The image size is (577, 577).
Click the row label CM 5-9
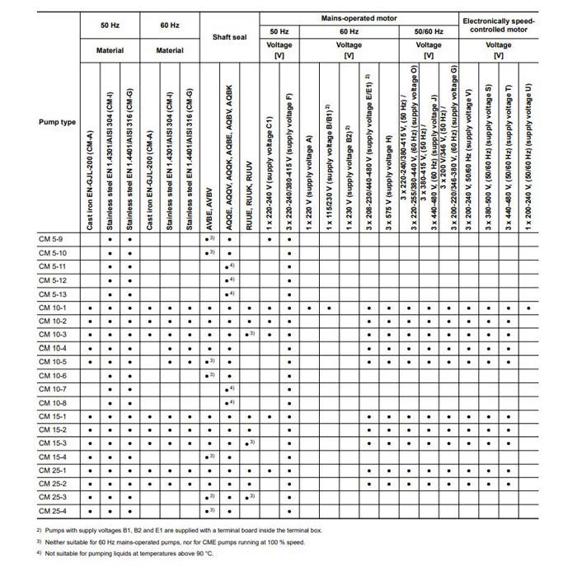pos(52,239)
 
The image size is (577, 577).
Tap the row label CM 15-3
pos(54,443)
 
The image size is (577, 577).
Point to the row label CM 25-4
pos(54,510)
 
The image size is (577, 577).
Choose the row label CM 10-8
pos(54,403)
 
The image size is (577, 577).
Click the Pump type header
pos(58,121)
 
